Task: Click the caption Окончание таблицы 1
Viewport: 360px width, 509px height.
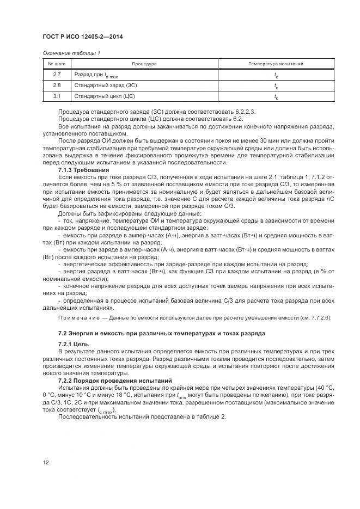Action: [x=69, y=53]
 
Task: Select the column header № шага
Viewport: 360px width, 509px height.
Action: [x=57, y=64]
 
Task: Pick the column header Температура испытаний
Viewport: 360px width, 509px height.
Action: [x=276, y=64]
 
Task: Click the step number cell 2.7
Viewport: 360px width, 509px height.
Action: [x=57, y=75]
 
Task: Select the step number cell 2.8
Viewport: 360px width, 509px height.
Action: [x=57, y=85]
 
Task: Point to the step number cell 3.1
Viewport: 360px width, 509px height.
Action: [x=57, y=96]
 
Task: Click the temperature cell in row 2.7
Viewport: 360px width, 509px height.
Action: [x=276, y=75]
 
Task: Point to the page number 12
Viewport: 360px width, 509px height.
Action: [x=46, y=463]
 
